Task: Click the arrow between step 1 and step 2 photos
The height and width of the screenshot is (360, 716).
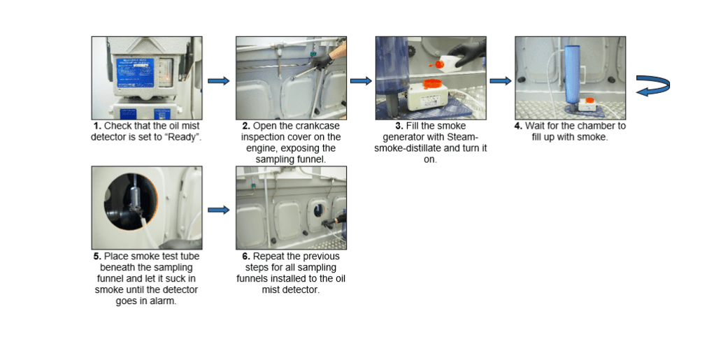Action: point(218,81)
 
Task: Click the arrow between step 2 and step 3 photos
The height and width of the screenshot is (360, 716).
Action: point(360,81)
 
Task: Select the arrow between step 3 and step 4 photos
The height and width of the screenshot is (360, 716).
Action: point(500,81)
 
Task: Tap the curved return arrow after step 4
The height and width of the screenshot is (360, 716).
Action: point(653,86)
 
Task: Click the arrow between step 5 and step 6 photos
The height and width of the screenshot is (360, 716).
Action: point(218,209)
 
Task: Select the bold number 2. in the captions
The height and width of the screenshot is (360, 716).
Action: point(246,127)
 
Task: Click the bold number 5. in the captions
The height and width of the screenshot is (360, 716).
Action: point(97,256)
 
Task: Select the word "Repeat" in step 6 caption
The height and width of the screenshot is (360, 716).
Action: point(269,256)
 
